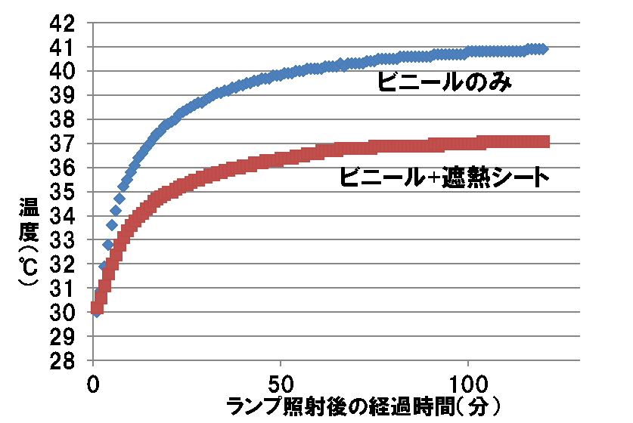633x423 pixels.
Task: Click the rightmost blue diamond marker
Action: (541, 49)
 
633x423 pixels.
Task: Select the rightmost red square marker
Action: (544, 141)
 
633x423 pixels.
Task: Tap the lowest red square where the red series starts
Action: (96, 307)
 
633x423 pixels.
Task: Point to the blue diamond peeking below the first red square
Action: (96, 313)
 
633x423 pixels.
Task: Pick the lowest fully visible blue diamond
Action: (104, 266)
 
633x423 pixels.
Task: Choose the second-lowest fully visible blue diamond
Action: (108, 245)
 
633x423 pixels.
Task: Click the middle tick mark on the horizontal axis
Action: (281, 363)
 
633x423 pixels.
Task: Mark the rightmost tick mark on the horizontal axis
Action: (468, 363)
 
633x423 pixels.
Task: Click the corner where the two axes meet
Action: (93, 360)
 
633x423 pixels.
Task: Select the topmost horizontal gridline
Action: (337, 23)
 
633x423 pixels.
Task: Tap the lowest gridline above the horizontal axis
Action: (337, 336)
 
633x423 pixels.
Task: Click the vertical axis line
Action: (93, 189)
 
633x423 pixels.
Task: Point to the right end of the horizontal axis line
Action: (579, 360)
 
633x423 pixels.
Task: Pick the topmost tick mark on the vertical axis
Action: (90, 23)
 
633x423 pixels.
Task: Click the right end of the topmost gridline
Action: (579, 23)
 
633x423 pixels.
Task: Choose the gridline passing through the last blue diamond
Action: (563, 47)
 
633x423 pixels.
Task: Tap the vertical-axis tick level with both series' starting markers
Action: (90, 312)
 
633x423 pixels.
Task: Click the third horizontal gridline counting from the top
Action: (337, 71)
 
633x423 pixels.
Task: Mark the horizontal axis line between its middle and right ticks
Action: (374, 360)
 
